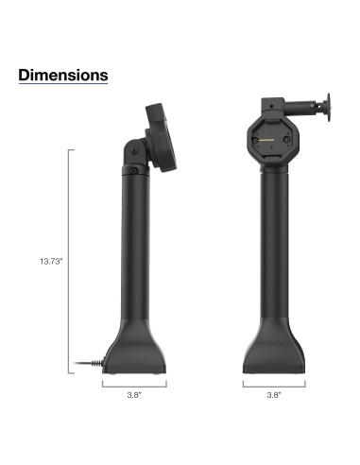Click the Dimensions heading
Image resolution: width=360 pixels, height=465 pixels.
63,74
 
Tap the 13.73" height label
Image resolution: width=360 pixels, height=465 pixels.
49,261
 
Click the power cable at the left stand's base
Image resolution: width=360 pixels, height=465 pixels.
90,363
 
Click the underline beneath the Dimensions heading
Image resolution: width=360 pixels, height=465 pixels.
63,86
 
